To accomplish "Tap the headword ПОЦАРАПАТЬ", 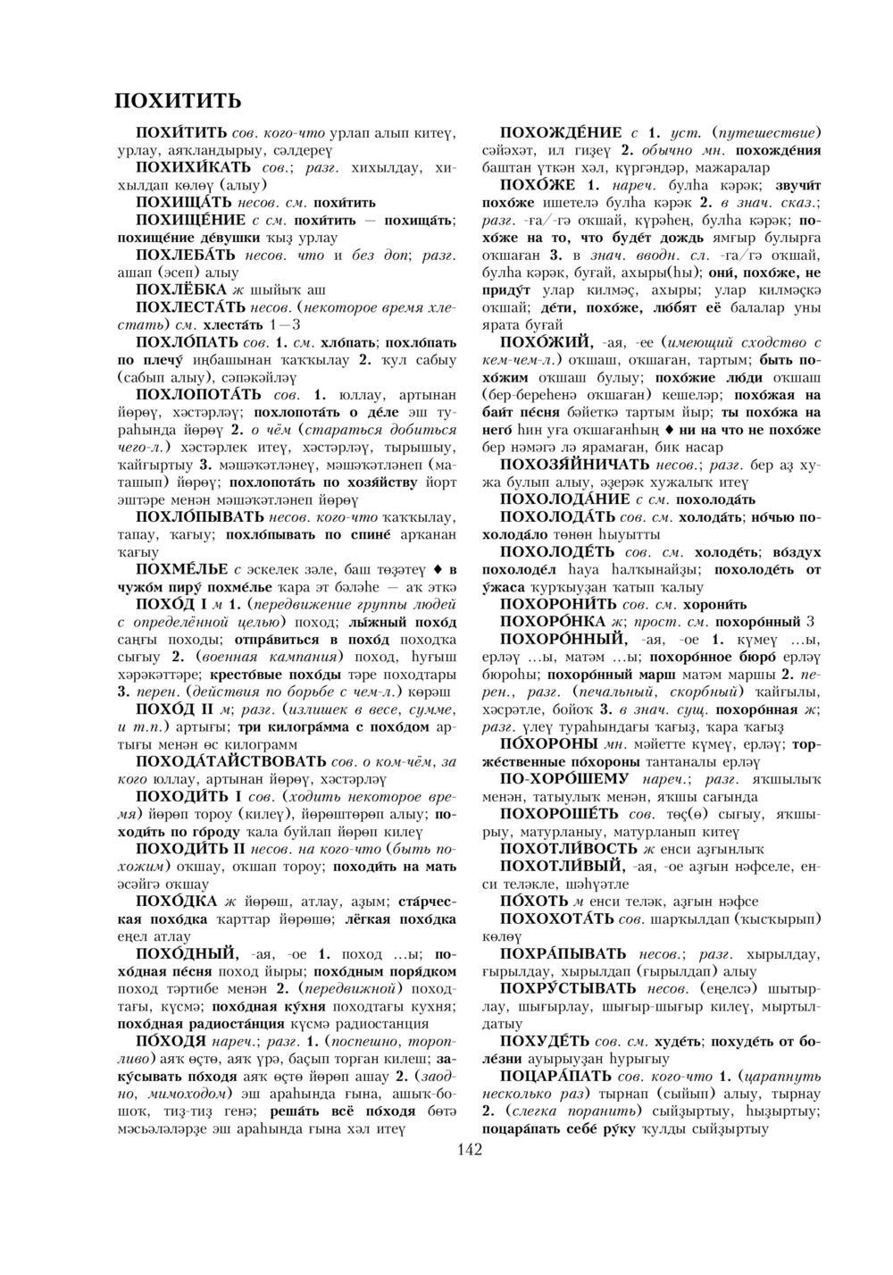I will tap(556, 1075).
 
